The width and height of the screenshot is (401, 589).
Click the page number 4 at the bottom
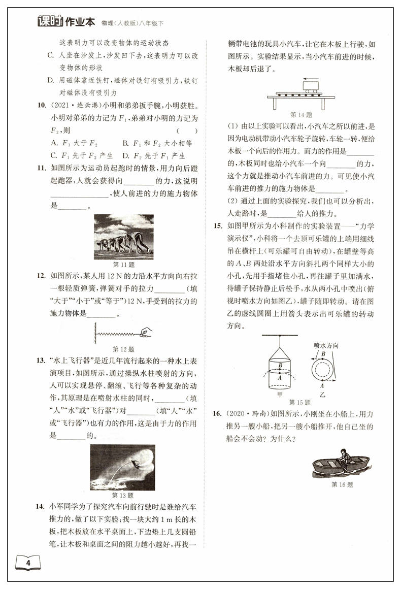click(x=28, y=563)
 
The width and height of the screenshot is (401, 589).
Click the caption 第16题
click(x=341, y=484)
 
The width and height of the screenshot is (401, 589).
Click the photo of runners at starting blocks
click(x=124, y=237)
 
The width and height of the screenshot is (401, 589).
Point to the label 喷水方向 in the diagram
click(x=326, y=345)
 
